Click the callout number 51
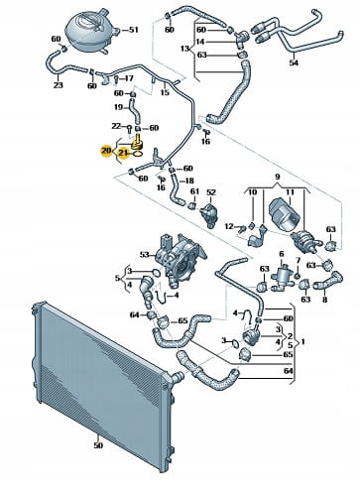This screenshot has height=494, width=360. pos(133,30)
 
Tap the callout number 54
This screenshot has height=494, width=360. pos(294,62)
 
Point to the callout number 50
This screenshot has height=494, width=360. pos(98,445)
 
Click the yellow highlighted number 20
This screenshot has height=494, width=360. pos(106,151)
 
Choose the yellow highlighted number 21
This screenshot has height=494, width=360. pos(124,153)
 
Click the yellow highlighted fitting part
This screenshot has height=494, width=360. pos(137,142)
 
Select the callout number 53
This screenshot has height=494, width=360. pos(145,255)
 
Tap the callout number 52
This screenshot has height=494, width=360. pos(211,192)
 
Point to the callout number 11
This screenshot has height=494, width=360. pos(290,192)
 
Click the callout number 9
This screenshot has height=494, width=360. pos(277,177)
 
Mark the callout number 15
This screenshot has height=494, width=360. pos(165,92)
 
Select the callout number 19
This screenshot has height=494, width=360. pos(119,107)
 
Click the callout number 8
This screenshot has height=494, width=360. pos(325,300)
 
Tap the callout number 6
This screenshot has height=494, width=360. pos(282,254)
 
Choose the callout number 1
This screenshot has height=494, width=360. pos(302,342)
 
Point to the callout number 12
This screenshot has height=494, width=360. pos(229,226)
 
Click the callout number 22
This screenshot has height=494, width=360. pos(116,126)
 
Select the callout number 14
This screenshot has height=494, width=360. pos(200,42)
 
